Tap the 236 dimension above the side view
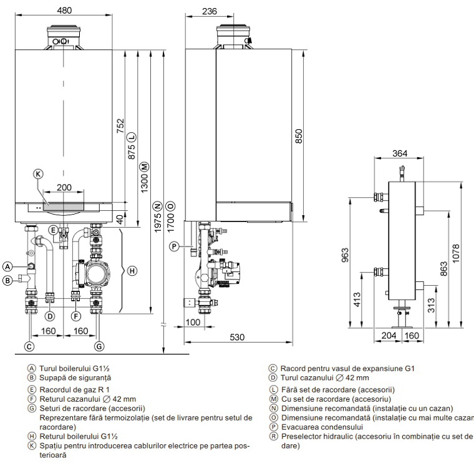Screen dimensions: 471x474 tap(210, 11)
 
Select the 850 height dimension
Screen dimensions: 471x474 tap(299, 136)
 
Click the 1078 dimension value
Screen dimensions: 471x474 tap(456, 255)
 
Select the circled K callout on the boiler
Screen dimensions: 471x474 tap(39, 175)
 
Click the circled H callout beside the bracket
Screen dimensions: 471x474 tap(132, 271)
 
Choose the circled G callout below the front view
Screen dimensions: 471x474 tap(99, 345)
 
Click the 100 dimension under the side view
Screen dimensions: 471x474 tap(193, 323)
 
